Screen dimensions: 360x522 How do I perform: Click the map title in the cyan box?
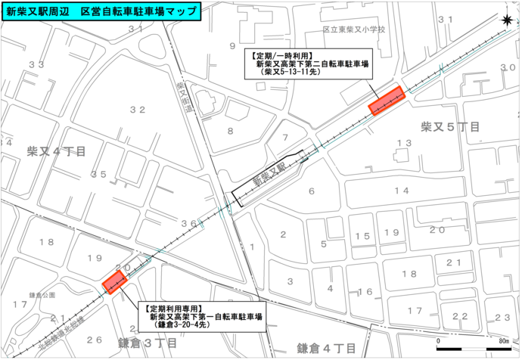(x=102, y=12)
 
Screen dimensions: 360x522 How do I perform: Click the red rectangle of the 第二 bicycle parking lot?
(x=387, y=100)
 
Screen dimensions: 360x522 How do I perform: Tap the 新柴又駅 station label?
(x=269, y=175)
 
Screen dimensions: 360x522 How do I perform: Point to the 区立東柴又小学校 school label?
(x=354, y=30)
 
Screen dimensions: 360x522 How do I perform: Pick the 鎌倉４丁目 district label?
(x=325, y=348)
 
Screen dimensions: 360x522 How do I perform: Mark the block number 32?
(x=137, y=110)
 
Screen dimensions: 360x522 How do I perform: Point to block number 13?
(x=405, y=143)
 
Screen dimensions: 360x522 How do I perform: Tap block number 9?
(x=232, y=46)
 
